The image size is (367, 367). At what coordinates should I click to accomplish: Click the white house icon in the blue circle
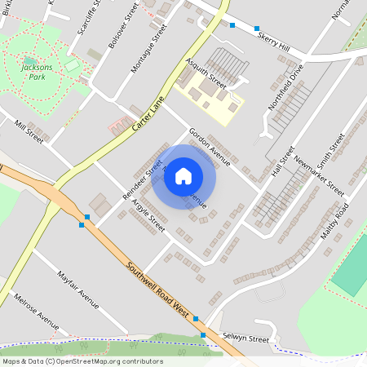click(x=183, y=175)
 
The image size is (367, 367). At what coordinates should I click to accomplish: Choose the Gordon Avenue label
click(x=210, y=147)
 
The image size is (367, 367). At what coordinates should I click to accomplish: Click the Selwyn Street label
click(x=247, y=338)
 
